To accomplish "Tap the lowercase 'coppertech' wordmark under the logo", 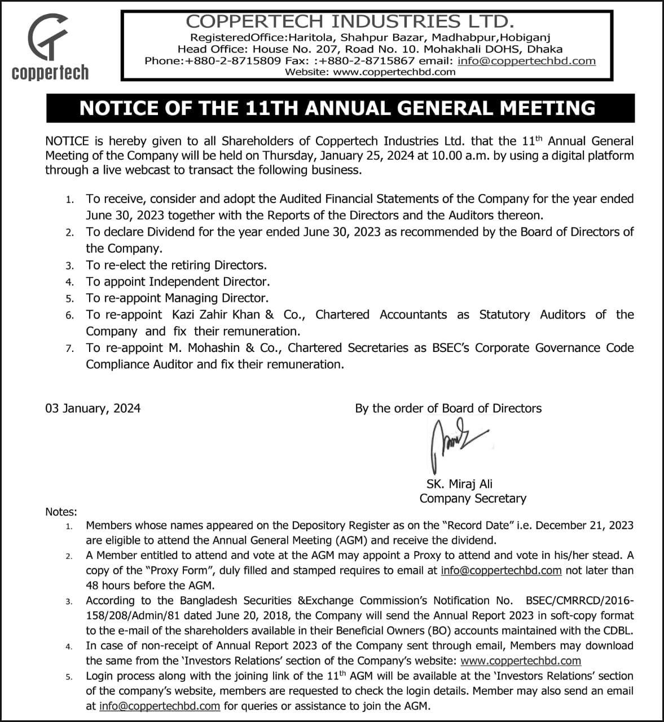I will click(x=50, y=73).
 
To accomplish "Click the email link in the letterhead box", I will click(x=526, y=61).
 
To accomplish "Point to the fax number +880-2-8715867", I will click(x=367, y=61).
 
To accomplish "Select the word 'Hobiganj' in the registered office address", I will click(x=525, y=38).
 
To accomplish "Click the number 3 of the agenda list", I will click(x=69, y=266).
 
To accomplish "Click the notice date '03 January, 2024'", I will click(x=93, y=408).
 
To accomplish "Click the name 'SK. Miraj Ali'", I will click(x=459, y=484).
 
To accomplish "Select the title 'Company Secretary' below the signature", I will click(x=473, y=499).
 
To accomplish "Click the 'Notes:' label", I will click(x=61, y=512).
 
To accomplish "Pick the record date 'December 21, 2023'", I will click(x=584, y=525).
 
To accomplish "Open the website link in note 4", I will click(x=521, y=661).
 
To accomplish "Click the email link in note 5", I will click(x=160, y=706).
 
